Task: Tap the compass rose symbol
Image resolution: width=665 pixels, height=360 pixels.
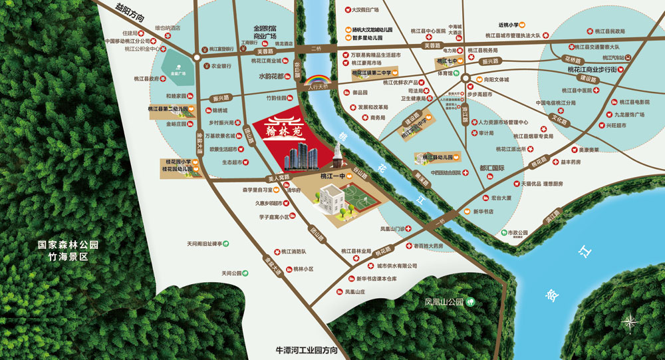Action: click(x=629, y=323)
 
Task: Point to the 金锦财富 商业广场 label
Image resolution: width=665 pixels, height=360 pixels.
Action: click(x=265, y=32)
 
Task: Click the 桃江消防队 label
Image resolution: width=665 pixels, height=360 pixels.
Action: click(x=293, y=252)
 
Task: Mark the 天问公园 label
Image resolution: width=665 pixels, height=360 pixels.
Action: click(x=233, y=273)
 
